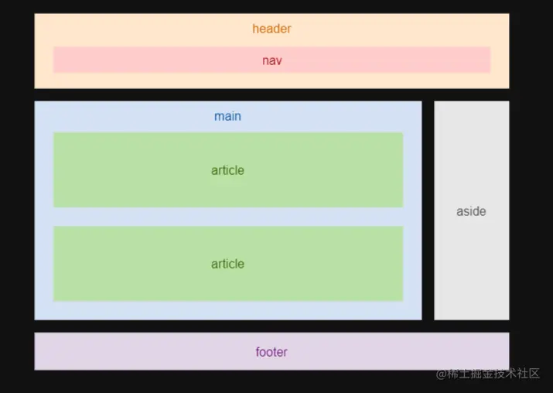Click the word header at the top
[x=271, y=29]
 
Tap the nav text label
[x=271, y=60]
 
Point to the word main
[x=227, y=117]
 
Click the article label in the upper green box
[x=227, y=171]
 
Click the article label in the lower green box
[x=227, y=265]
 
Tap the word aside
[x=471, y=211]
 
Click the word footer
[x=271, y=353]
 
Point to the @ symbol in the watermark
[x=442, y=374]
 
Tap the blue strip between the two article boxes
[x=227, y=217]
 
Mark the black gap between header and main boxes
[x=271, y=94]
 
